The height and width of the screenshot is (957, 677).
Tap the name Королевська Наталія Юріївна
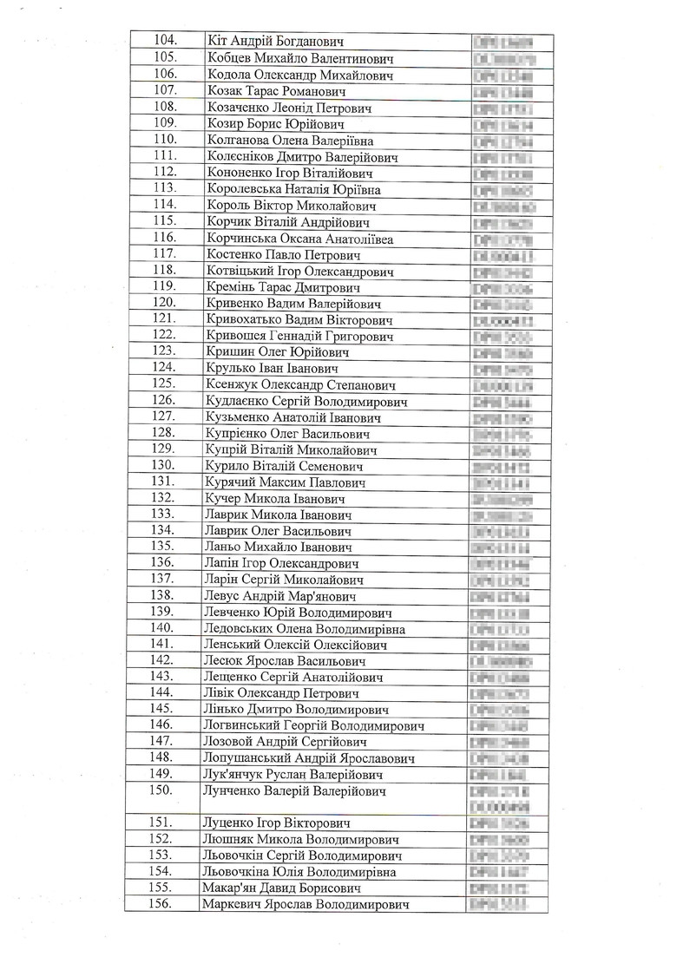[294, 190]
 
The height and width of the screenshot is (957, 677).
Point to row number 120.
[164, 304]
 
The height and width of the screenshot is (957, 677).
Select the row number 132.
[163, 499]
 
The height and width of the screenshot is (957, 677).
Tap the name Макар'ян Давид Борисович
[281, 888]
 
